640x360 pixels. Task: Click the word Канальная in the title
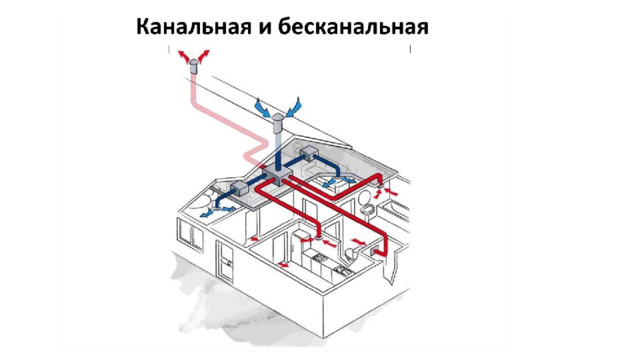pos(193,27)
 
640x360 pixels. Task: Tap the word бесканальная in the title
pos(354,27)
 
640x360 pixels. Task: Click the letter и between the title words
pos(265,29)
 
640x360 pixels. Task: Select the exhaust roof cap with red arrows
pos(194,66)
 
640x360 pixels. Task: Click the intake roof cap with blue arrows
pos(278,122)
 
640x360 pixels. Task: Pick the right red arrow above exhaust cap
pos(204,56)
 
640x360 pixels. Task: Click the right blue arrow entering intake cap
pos(294,107)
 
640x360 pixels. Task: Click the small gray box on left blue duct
pos(240,189)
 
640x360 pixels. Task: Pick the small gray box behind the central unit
pos(309,154)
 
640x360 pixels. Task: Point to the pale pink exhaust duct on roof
pos(229,119)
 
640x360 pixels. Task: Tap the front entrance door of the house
pos(225,262)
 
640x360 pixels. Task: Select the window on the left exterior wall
pos(191,234)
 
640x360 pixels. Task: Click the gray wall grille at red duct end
pos(374,251)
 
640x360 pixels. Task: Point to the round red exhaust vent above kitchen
pos(319,237)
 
